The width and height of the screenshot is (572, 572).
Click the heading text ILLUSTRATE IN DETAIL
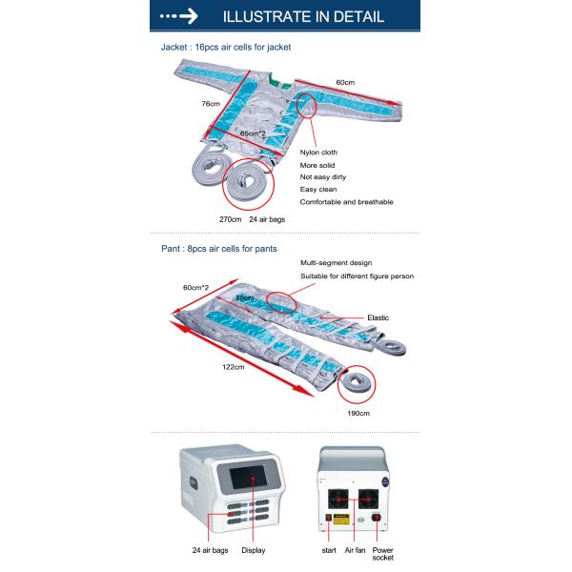point(302,16)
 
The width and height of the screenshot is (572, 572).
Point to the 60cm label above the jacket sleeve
point(345,82)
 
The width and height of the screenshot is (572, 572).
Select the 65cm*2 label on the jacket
point(253,133)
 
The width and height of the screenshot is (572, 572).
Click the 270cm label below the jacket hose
point(233,219)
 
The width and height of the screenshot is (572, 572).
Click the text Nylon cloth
point(318,153)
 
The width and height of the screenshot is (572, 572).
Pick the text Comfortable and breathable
point(346,202)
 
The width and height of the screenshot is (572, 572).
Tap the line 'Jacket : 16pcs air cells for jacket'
point(226,46)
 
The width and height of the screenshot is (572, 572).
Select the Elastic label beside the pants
point(378,318)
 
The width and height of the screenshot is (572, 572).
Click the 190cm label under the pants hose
point(357,414)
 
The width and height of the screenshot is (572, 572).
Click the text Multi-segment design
point(336,262)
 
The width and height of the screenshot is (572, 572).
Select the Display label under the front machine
point(253,550)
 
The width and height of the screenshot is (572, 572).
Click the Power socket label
point(383,555)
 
